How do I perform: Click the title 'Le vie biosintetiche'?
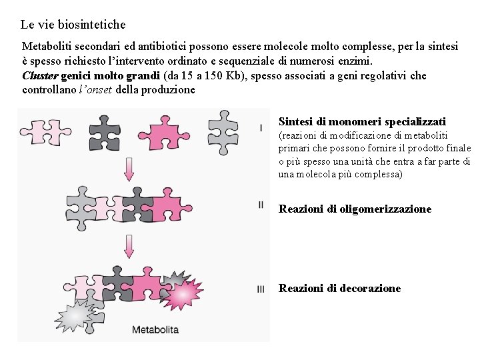[73, 25]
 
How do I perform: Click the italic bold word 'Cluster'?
[40, 75]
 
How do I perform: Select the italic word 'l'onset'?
[95, 90]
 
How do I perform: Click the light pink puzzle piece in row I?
[45, 132]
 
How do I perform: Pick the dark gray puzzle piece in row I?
[105, 133]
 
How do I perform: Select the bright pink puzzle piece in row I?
[164, 133]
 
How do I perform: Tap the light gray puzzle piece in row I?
[223, 132]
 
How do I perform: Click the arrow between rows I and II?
[129, 169]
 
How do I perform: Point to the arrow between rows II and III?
[129, 247]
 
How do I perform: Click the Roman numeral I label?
[261, 128]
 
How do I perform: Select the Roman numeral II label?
[261, 205]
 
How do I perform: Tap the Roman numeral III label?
[261, 289]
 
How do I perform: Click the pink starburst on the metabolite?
[183, 294]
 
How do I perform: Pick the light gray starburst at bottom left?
[75, 315]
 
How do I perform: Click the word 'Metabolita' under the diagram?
[155, 330]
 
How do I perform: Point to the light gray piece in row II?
[80, 208]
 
